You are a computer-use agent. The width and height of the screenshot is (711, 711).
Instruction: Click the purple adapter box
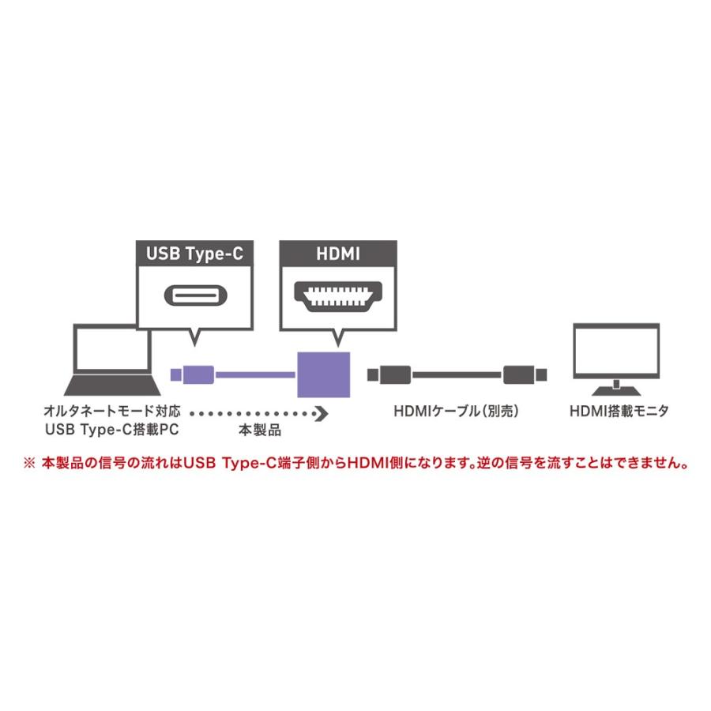tap(323, 372)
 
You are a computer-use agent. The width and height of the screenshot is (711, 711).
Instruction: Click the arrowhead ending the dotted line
tap(321, 412)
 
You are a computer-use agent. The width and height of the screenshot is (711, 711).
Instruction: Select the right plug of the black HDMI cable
tap(520, 372)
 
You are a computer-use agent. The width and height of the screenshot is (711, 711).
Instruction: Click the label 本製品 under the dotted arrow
tap(260, 431)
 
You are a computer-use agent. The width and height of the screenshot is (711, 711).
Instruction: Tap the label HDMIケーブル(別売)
tap(460, 412)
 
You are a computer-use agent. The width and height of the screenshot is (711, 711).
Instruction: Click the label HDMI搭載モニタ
tap(619, 412)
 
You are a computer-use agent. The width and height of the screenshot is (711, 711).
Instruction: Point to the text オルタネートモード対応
tap(113, 412)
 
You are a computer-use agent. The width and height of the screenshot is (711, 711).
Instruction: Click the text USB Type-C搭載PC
tap(113, 431)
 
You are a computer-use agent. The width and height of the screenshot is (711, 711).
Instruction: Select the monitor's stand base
tap(616, 390)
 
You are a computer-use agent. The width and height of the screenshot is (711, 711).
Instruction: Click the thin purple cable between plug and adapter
tap(253, 372)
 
